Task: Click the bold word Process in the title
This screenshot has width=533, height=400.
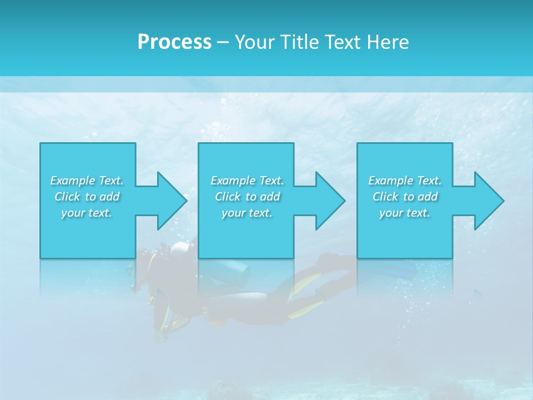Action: [174, 42]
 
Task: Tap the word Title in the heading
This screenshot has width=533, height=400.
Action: [299, 42]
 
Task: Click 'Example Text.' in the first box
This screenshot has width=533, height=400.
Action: [87, 181]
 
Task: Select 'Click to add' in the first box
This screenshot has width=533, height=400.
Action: [87, 197]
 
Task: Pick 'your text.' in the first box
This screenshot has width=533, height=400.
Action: [87, 213]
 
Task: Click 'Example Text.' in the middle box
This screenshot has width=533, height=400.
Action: [247, 181]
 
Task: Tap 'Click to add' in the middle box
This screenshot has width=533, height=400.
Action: [247, 197]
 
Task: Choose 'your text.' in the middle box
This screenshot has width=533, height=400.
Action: [247, 213]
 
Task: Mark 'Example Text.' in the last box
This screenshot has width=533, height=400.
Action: [405, 181]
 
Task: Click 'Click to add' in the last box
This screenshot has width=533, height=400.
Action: [405, 197]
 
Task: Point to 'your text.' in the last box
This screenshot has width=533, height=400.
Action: [405, 213]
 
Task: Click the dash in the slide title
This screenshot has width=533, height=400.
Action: [223, 42]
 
